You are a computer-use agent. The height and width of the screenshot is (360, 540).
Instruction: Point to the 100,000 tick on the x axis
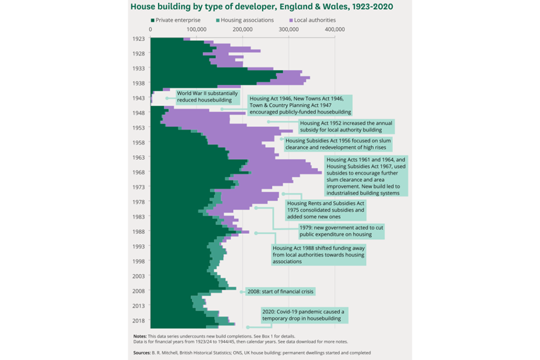(x=197, y=28)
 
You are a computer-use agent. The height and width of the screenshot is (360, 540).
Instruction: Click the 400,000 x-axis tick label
(x=335, y=28)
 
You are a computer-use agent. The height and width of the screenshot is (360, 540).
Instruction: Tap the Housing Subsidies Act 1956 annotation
(x=338, y=144)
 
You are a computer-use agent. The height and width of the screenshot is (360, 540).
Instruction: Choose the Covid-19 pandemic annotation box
(x=304, y=314)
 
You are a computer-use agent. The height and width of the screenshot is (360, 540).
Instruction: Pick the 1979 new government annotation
(x=341, y=231)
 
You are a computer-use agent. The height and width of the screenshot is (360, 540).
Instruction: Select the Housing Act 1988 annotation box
(x=318, y=254)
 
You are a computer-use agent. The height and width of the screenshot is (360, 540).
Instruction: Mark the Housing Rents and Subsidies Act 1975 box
(x=326, y=210)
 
